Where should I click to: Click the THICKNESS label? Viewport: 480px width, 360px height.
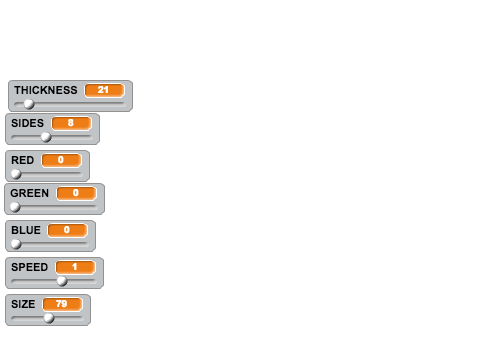(x=46, y=90)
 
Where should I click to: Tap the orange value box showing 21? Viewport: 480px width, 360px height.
(x=105, y=90)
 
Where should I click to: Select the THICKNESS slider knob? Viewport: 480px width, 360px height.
(x=29, y=104)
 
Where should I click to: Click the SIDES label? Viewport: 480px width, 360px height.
(x=27, y=123)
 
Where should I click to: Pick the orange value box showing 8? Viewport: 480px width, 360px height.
(x=71, y=123)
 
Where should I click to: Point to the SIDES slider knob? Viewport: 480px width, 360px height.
(x=46, y=137)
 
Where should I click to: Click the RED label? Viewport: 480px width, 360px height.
(x=23, y=160)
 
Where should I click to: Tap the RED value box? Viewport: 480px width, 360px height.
(x=61, y=160)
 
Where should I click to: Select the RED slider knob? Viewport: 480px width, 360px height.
(x=16, y=174)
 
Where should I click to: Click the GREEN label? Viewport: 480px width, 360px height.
(x=30, y=193)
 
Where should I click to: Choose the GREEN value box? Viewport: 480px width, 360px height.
(x=77, y=193)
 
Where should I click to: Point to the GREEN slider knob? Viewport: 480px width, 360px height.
(x=15, y=207)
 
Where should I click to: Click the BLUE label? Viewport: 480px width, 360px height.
(x=26, y=230)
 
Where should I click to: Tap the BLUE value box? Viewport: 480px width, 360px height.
(x=68, y=230)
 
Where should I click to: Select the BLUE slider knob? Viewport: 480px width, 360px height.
(x=16, y=244)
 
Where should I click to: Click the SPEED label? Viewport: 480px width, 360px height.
(x=30, y=267)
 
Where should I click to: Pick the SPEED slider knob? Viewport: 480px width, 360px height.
(x=62, y=281)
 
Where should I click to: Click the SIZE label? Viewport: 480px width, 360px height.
(x=23, y=304)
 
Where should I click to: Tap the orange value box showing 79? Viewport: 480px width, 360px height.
(x=62, y=304)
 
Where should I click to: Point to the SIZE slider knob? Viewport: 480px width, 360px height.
(x=49, y=318)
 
